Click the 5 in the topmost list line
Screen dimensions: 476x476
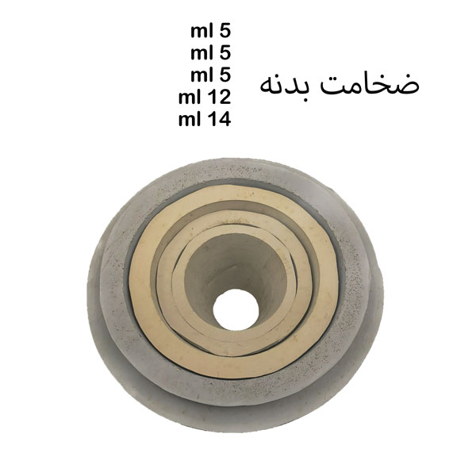225,31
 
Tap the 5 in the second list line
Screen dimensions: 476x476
225,53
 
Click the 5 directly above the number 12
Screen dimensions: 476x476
225,75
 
